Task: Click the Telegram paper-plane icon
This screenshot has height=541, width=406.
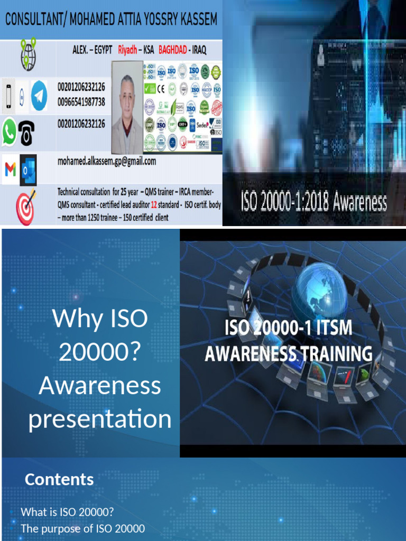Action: [39, 95]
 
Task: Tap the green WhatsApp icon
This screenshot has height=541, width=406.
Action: [9, 132]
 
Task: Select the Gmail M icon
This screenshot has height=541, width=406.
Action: [10, 170]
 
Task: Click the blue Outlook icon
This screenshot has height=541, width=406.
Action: [28, 170]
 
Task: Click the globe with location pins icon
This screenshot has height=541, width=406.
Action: [27, 54]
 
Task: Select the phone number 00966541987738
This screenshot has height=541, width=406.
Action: [81, 101]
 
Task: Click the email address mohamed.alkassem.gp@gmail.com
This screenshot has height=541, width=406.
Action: [106, 162]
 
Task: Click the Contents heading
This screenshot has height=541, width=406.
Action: [59, 479]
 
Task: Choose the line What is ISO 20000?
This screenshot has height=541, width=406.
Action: [67, 512]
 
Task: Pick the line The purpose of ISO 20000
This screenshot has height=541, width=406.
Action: [82, 528]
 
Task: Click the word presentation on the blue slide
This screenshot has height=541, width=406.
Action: [100, 419]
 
